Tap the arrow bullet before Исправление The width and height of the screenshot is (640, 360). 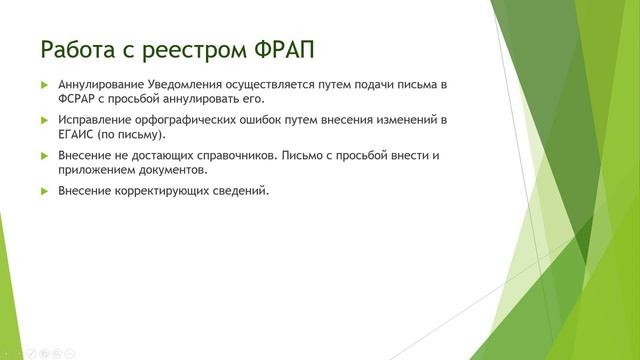[x=44, y=120]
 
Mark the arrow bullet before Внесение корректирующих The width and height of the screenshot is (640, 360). [x=44, y=190]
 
